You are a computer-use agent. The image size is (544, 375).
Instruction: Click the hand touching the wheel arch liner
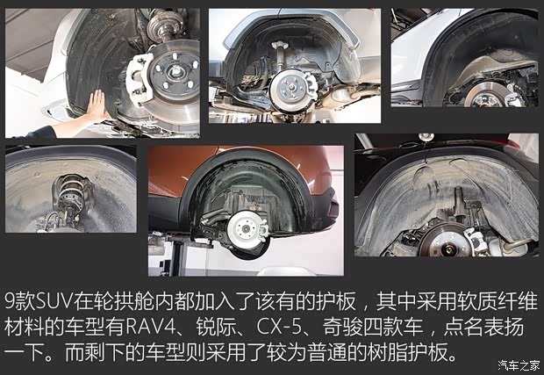(96, 106)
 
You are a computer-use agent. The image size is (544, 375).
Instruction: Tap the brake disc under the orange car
(245, 230)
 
